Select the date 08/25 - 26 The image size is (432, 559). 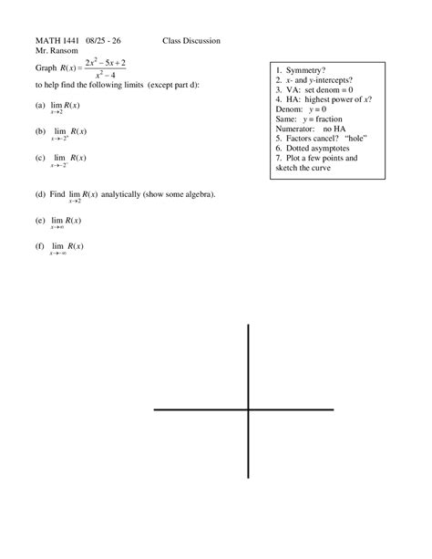[x=105, y=41]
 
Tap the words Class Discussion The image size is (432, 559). [x=191, y=41]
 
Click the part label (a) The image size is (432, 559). [x=41, y=106]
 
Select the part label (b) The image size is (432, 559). [x=41, y=131]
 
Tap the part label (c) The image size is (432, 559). [x=41, y=157]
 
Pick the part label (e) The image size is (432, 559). [x=41, y=221]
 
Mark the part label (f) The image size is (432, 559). [x=41, y=246]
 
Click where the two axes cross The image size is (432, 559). [x=248, y=410]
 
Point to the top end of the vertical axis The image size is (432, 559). [x=248, y=326]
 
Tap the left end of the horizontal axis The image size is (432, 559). [x=155, y=410]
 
